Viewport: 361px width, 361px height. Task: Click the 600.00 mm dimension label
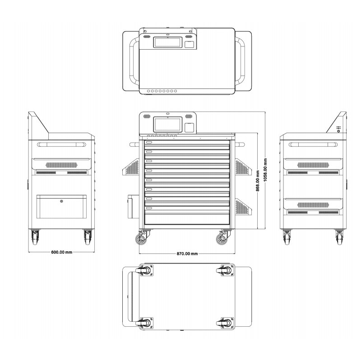point(62,252)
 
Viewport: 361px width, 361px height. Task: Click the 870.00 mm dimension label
point(187,254)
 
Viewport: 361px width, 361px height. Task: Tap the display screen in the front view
point(168,124)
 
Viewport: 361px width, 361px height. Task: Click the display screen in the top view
point(168,42)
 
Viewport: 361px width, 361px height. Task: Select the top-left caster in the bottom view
point(145,271)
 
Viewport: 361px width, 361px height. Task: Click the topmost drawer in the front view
point(187,143)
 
